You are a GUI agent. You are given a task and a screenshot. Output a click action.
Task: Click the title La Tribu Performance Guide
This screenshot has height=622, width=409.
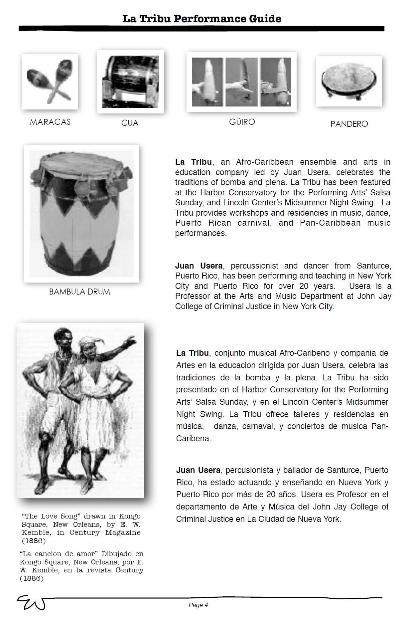202,19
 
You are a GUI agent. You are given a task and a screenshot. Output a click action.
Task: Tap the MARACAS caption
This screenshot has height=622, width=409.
50,122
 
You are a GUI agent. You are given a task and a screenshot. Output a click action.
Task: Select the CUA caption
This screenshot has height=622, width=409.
130,123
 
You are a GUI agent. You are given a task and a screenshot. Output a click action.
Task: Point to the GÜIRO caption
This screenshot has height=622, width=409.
242,122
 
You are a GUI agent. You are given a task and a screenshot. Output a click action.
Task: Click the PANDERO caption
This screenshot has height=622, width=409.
349,124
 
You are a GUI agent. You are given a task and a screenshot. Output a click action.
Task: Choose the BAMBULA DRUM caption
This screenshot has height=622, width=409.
79,292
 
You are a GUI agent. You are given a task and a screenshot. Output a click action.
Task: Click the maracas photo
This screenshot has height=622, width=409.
50,82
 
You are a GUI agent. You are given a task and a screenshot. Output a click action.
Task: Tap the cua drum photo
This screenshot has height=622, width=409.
130,82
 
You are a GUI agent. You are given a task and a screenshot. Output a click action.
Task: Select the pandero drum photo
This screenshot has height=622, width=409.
349,81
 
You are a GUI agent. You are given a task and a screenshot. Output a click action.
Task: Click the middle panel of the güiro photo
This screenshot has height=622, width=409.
242,82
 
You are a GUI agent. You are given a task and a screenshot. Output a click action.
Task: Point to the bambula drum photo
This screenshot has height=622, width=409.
81,214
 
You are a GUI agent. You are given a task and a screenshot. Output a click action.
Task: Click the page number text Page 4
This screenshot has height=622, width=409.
198,605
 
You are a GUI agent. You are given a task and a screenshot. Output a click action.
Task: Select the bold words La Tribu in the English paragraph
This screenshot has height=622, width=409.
193,162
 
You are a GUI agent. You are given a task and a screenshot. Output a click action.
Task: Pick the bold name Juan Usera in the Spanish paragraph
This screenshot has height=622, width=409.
198,470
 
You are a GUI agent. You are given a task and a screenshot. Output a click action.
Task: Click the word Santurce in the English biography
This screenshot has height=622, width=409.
374,266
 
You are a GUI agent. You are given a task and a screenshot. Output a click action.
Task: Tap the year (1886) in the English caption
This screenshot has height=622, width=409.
34,540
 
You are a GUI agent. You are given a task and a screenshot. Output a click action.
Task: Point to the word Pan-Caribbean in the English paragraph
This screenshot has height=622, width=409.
330,223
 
